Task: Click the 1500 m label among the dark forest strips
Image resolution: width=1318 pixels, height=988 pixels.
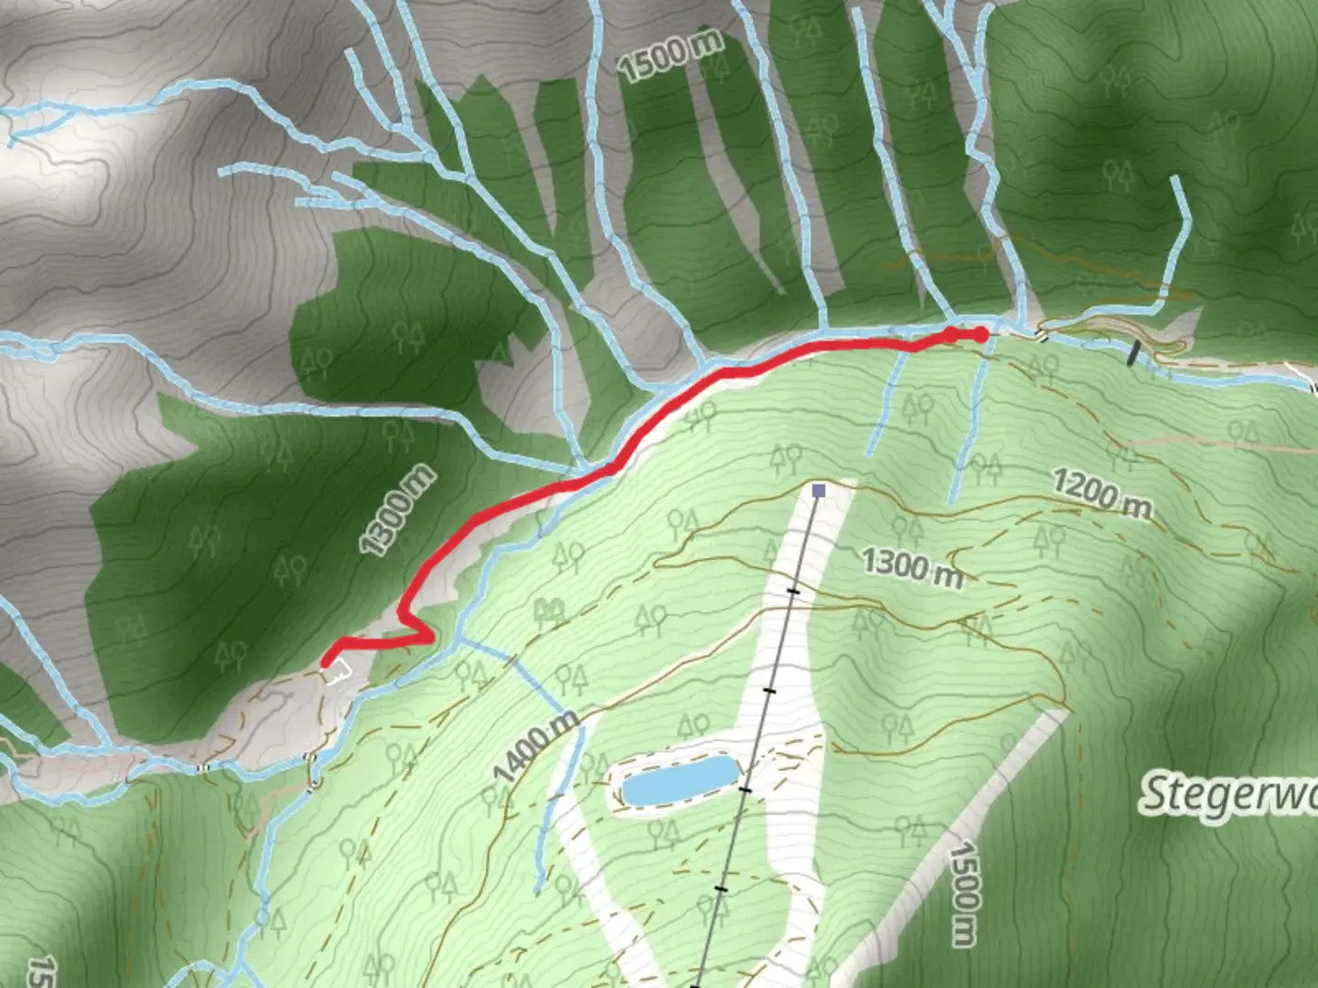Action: (x=670, y=54)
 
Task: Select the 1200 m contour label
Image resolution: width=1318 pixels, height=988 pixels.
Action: (x=1101, y=493)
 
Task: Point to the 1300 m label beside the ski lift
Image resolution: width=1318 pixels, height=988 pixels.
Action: (x=912, y=568)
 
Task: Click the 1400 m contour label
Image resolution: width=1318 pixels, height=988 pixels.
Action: (x=536, y=746)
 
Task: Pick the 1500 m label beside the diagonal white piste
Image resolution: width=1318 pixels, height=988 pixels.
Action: (x=964, y=894)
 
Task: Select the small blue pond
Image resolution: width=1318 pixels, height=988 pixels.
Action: (x=679, y=781)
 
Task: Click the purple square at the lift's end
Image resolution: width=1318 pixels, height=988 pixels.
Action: (x=818, y=491)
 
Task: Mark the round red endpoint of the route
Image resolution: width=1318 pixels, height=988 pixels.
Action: (x=981, y=335)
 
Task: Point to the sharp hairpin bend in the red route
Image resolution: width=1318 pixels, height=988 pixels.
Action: (x=427, y=634)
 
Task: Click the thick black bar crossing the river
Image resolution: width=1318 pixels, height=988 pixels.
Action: (x=1135, y=353)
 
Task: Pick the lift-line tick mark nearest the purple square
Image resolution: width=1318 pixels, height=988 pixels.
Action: (x=794, y=592)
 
